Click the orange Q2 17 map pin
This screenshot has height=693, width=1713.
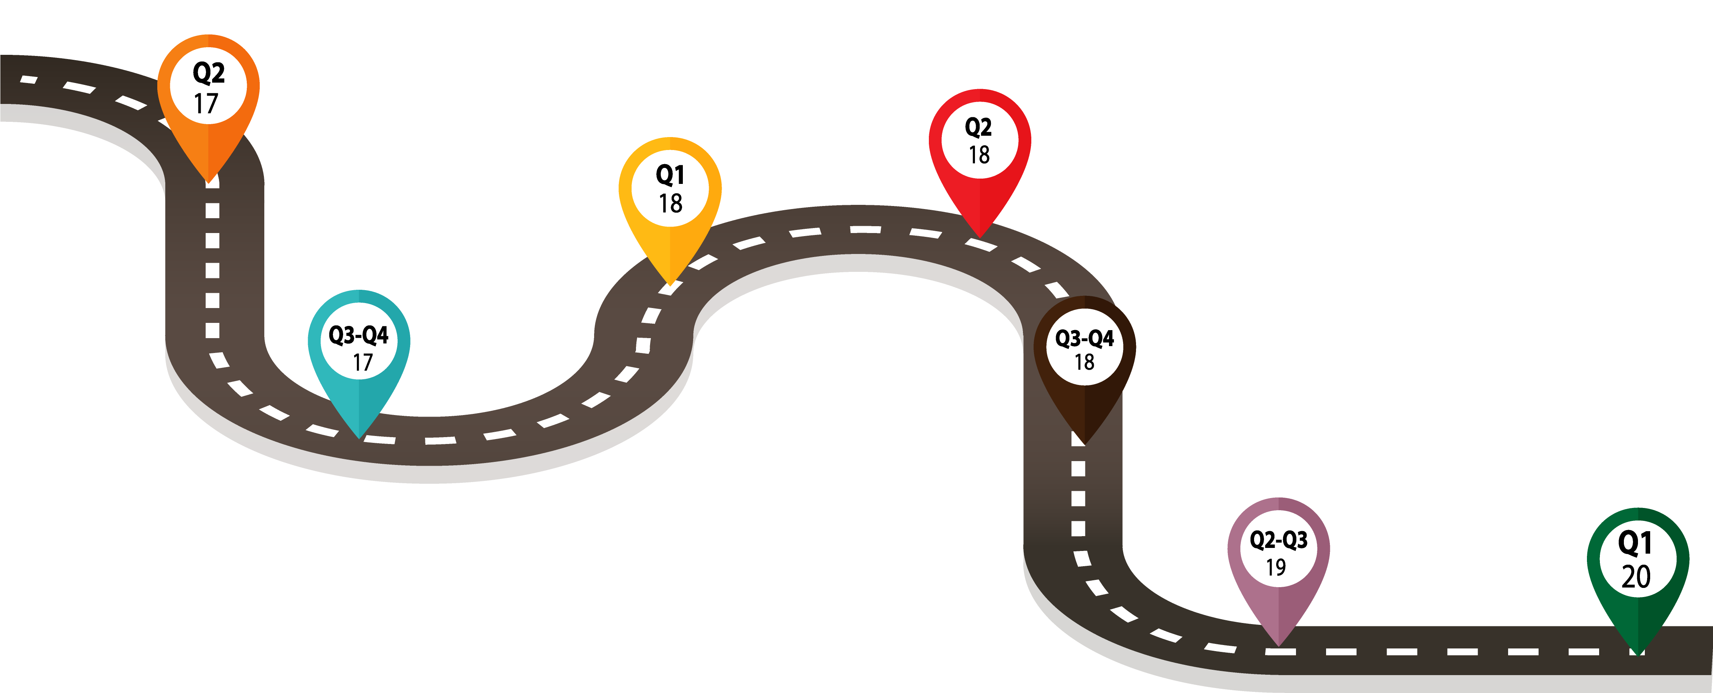click(208, 93)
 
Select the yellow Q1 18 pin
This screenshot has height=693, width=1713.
click(670, 193)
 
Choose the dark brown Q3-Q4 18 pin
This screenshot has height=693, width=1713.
click(1085, 353)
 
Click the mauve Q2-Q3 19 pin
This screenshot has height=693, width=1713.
click(1278, 555)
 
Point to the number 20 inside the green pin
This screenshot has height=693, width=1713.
click(1636, 576)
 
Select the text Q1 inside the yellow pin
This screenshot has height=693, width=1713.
click(670, 175)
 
